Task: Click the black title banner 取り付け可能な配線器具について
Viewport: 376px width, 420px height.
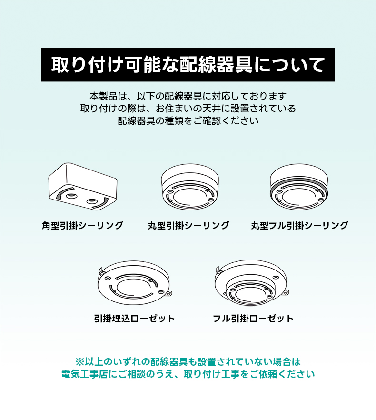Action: (188, 65)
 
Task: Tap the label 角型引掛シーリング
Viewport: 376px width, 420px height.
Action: (82, 226)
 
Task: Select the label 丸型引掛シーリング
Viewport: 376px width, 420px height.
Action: (188, 226)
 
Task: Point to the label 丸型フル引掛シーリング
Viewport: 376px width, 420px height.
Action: (299, 226)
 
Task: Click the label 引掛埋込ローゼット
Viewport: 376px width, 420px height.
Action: (134, 319)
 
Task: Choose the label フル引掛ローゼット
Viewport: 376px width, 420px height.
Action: (253, 319)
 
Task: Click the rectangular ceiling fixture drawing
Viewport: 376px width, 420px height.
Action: (83, 187)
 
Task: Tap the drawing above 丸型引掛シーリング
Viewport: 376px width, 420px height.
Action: (190, 187)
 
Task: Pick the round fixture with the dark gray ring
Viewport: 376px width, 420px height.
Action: (299, 187)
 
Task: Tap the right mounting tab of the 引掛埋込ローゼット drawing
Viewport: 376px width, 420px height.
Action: (168, 294)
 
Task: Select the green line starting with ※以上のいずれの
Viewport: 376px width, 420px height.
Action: (188, 361)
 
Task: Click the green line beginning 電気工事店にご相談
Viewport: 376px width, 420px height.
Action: (188, 374)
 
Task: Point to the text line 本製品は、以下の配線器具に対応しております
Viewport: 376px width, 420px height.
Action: (188, 96)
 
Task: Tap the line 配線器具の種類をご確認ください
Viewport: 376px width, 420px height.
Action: (188, 121)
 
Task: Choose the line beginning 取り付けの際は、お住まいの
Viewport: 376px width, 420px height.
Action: (188, 109)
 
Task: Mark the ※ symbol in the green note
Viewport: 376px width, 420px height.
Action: (80, 362)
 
